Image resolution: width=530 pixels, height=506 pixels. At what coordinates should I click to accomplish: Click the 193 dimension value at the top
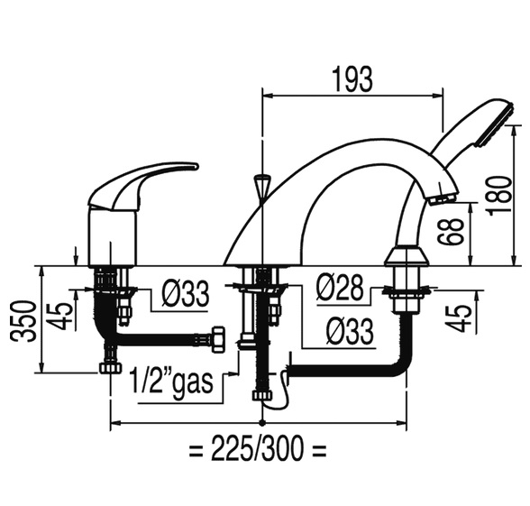click(x=353, y=79)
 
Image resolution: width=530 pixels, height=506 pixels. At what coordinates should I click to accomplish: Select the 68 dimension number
click(x=450, y=231)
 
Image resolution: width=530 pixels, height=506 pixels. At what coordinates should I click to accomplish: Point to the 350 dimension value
click(x=23, y=321)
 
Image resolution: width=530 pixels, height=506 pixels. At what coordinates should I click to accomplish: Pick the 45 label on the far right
click(x=458, y=317)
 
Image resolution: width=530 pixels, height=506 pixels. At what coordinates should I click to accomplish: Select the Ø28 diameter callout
click(x=340, y=288)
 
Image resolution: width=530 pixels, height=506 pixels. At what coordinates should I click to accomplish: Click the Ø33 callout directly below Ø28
click(x=350, y=331)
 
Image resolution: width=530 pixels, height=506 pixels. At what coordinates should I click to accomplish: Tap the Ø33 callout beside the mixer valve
click(x=186, y=294)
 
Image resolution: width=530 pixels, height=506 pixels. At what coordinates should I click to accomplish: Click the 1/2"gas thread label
click(x=172, y=382)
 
